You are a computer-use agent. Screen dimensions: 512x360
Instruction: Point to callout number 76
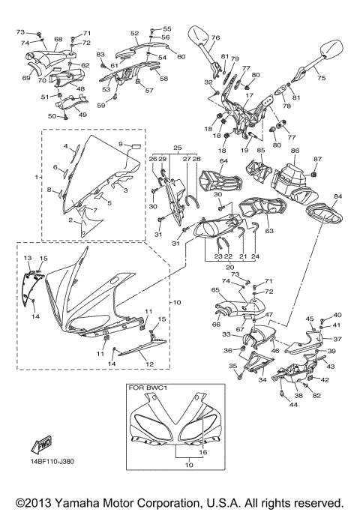(x=215, y=37)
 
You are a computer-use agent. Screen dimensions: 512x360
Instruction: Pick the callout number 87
(x=317, y=158)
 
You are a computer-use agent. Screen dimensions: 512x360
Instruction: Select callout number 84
(x=337, y=196)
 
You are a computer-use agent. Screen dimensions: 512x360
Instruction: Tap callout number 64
(x=223, y=161)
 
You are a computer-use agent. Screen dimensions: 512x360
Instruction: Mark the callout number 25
(x=177, y=148)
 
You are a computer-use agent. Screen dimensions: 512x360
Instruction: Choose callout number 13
(x=28, y=257)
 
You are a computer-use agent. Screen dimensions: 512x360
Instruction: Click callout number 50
(x=52, y=116)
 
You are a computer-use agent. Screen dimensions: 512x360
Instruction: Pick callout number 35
(x=232, y=366)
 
